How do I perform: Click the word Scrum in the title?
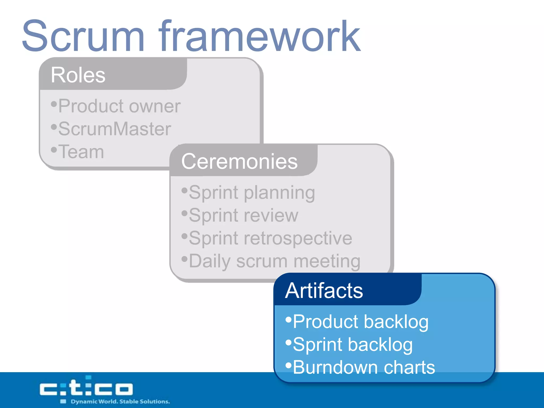click(x=83, y=36)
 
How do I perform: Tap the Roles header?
click(x=78, y=75)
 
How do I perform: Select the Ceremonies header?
click(x=239, y=161)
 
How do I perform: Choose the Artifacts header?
click(x=324, y=291)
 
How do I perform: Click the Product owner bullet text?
click(x=119, y=106)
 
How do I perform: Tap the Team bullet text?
click(x=81, y=152)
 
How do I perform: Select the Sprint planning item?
click(x=252, y=192)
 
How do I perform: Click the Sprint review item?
click(x=243, y=215)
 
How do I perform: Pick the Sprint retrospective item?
click(x=270, y=238)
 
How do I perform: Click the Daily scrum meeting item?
click(x=274, y=261)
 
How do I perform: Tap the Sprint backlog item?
click(x=352, y=345)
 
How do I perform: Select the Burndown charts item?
click(x=364, y=367)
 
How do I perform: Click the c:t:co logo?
click(x=86, y=388)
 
